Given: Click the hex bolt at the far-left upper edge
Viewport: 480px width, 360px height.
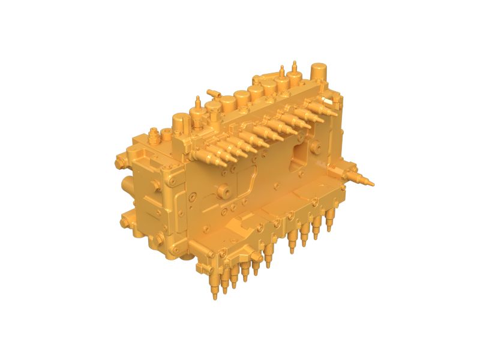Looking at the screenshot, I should pos(119,161).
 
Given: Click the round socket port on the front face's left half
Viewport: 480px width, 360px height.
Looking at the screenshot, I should pos(227,191).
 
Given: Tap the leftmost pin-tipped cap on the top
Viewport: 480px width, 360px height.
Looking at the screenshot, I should pos(197,110).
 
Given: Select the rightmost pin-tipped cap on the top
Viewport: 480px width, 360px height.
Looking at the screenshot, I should pos(295,75).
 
